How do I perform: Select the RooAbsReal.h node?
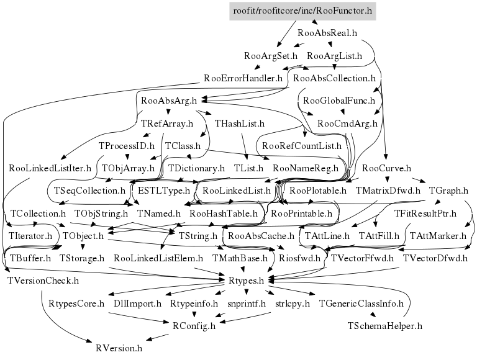tap(327, 32)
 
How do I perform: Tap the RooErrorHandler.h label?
tap(243, 79)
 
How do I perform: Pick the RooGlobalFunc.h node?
tap(338, 100)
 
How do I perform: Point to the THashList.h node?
tap(240, 124)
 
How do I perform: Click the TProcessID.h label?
tap(126, 146)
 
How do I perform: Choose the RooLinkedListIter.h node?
tap(50, 168)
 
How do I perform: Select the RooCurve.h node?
tap(386, 168)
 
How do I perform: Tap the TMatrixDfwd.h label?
tap(388, 191)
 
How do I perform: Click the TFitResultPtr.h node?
tap(425, 214)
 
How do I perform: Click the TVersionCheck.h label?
tap(43, 281)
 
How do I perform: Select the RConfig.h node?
tap(194, 324)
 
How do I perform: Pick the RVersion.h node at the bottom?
tap(119, 348)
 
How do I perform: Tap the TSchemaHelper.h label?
tap(385, 325)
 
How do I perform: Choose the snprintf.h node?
tap(247, 304)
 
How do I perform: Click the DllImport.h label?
tap(137, 304)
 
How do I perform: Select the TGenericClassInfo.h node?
tap(361, 304)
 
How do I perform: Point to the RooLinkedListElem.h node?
tap(159, 258)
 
